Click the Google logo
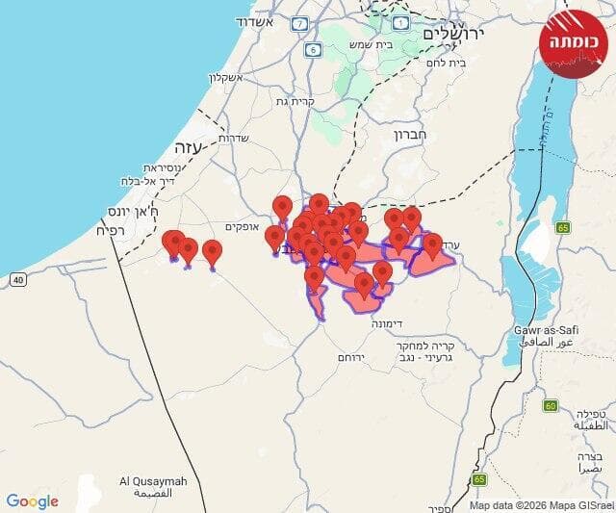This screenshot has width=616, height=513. (32, 500)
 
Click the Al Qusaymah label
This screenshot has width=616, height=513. (153, 487)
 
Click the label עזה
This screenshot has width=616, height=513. (185, 147)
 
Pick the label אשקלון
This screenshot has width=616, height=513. (229, 78)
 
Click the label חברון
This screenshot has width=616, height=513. (408, 136)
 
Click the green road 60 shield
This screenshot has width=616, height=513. (550, 405)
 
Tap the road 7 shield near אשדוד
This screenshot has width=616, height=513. (300, 22)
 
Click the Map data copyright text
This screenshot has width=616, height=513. (539, 504)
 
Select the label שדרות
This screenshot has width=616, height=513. (235, 138)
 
